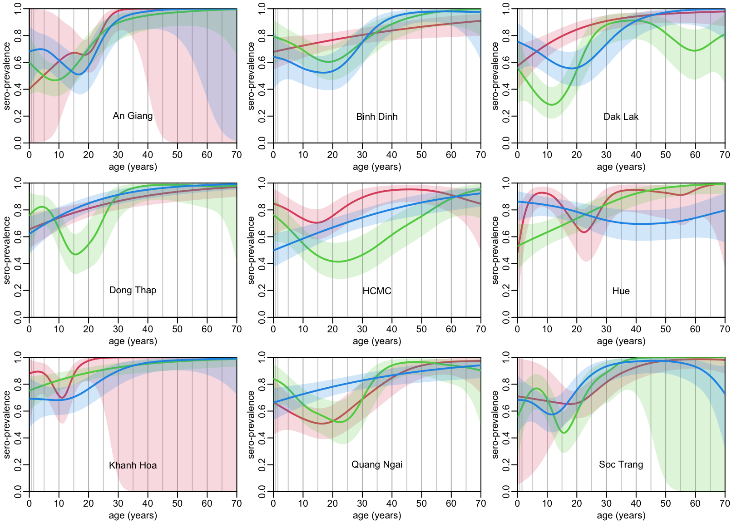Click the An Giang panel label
(133, 116)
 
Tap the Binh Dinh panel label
(376, 117)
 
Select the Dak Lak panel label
(621, 117)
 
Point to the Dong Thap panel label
(133, 290)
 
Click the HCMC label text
(376, 291)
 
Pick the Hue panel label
(621, 291)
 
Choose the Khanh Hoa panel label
(133, 465)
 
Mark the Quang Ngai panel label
(376, 464)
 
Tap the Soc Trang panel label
(621, 464)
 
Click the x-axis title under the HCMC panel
(377, 341)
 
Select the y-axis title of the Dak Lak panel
(495, 76)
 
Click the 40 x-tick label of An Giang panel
(148, 155)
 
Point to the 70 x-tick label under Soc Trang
(725, 503)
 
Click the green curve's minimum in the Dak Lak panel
(551, 105)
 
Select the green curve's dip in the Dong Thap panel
(75, 254)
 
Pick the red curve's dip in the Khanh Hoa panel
(62, 398)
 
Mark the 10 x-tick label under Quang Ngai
(303, 503)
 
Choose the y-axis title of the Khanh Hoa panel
(7, 424)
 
